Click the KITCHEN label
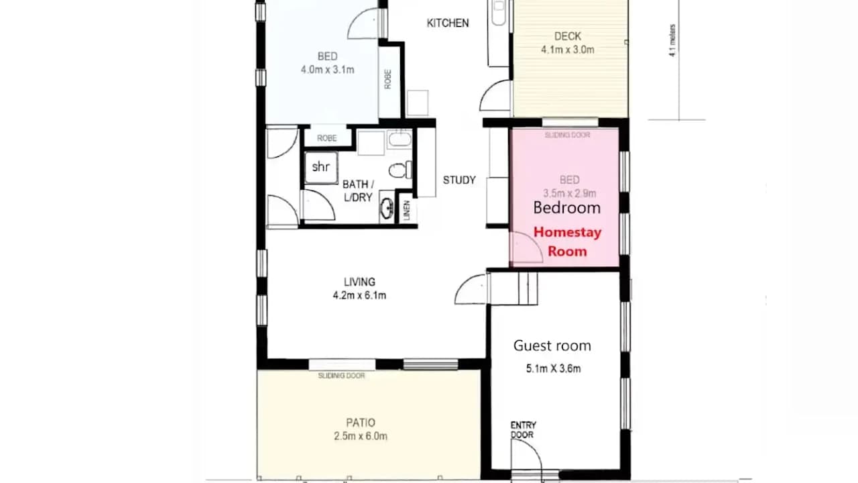click(x=448, y=23)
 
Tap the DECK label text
click(x=567, y=36)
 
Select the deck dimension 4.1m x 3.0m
click(x=567, y=49)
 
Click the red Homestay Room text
click(x=567, y=241)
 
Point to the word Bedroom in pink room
click(x=566, y=208)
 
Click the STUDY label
click(x=459, y=180)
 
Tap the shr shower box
click(x=321, y=168)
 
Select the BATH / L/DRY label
click(x=358, y=190)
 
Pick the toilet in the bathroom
click(x=400, y=170)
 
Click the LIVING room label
click(x=359, y=282)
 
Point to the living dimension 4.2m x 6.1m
click(x=359, y=295)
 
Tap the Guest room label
click(x=552, y=345)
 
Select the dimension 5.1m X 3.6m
click(x=553, y=368)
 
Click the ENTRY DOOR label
click(x=523, y=430)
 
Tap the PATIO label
click(x=361, y=423)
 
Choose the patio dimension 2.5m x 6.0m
click(x=361, y=436)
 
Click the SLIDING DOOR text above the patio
click(x=341, y=376)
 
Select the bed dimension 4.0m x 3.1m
click(x=327, y=68)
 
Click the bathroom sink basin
click(x=387, y=209)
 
